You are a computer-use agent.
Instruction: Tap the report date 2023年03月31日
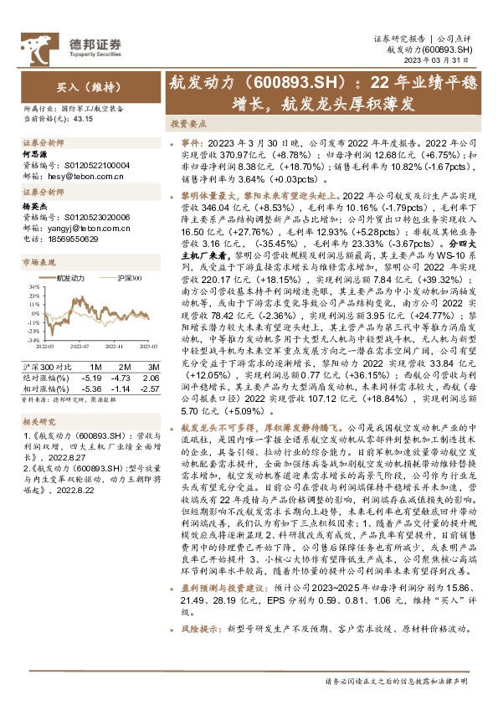click(449, 60)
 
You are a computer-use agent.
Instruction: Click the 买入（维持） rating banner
click(76, 87)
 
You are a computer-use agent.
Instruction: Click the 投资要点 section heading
click(188, 122)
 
